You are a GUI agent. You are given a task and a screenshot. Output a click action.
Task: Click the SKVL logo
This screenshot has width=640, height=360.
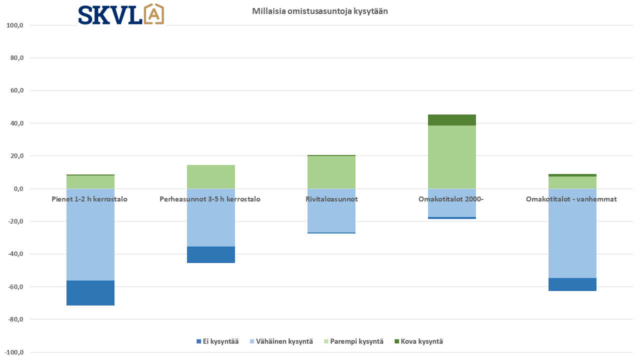tap(120, 14)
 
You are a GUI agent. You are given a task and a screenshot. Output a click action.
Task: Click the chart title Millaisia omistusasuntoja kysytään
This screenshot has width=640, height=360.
tap(320, 11)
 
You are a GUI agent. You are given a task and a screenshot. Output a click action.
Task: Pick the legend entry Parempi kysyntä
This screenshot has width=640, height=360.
tap(353, 341)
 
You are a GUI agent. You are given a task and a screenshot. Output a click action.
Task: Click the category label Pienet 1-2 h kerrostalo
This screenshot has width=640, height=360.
tap(89, 199)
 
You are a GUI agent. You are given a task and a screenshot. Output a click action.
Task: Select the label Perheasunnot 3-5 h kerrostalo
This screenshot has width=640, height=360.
tap(210, 199)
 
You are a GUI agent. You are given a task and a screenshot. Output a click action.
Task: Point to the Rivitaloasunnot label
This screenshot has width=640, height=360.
tap(331, 199)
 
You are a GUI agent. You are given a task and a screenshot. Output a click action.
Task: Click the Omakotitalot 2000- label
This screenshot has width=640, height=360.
tap(451, 199)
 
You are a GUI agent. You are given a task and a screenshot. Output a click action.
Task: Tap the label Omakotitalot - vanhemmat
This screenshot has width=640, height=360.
tap(571, 199)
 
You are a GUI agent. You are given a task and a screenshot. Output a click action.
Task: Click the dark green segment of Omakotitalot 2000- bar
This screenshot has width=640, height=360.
tap(452, 120)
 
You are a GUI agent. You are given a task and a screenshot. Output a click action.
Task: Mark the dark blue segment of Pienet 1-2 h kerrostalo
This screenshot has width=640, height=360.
tap(90, 293)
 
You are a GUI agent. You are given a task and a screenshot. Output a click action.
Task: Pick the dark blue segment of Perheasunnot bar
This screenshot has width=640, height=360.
tap(211, 254)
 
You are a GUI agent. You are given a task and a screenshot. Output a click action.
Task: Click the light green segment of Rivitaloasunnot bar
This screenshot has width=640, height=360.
tap(331, 172)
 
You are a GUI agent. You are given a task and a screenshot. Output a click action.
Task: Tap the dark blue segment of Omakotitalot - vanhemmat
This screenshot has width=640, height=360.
tap(572, 284)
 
